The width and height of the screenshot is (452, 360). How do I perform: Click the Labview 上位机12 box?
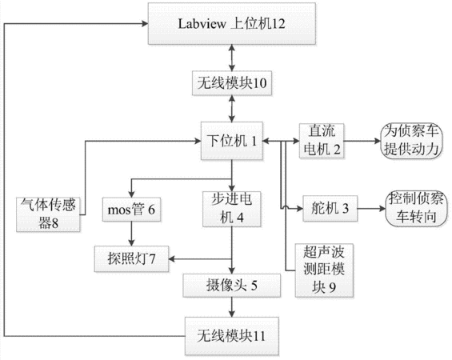[232, 24]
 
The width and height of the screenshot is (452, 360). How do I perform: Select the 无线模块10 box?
[232, 83]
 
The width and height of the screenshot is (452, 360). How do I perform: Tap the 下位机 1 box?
[232, 141]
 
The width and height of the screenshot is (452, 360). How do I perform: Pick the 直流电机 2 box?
[322, 141]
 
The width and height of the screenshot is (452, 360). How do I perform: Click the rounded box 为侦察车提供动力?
[412, 141]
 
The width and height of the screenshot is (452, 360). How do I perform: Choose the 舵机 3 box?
[330, 208]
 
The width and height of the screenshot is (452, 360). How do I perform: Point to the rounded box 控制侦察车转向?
[417, 208]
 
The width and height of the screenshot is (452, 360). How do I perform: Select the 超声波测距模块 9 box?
[324, 270]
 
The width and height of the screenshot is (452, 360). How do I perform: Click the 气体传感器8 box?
[48, 214]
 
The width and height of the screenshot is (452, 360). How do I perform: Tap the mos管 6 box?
[131, 210]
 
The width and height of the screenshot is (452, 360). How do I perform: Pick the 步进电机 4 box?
[232, 209]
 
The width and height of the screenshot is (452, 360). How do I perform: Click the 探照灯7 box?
[131, 259]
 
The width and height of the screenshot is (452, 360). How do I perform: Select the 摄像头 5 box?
[232, 286]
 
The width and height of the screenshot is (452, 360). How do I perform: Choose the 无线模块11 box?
[232, 336]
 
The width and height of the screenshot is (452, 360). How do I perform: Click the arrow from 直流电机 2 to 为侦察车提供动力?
[362, 141]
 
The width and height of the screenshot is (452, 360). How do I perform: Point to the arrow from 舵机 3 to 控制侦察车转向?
[371, 208]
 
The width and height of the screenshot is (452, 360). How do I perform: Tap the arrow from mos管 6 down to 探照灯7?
[131, 234]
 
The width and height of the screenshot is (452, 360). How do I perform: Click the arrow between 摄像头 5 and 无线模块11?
[232, 307]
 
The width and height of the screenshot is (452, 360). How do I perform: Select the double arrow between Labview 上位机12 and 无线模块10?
[232, 58]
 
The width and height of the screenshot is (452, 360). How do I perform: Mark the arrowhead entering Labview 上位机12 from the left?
[145, 24]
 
